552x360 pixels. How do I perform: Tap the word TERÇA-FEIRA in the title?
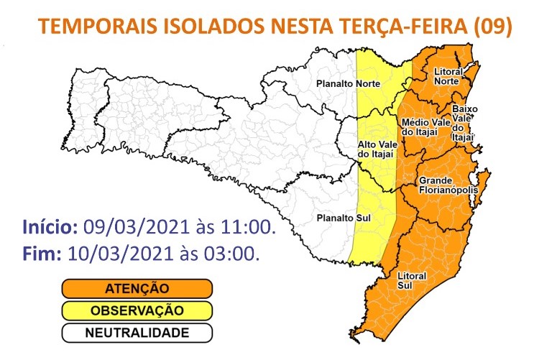click(391, 27)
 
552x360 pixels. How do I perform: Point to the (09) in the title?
click(492, 27)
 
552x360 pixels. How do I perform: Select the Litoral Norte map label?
click(450, 76)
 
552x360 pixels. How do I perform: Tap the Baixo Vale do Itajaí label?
click(464, 122)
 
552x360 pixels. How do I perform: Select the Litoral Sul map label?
click(412, 281)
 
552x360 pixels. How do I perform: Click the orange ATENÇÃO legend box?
click(136, 288)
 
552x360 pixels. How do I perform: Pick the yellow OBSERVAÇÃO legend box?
click(136, 310)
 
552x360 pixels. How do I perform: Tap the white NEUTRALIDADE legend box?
click(136, 333)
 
